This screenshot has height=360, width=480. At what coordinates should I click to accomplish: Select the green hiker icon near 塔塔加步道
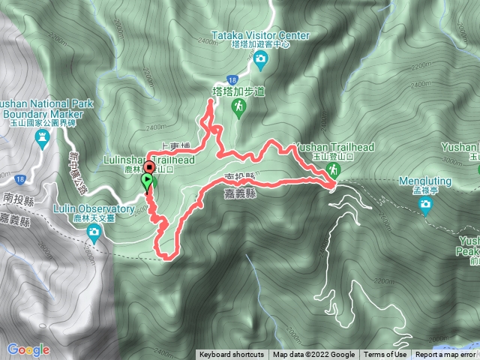(238, 109)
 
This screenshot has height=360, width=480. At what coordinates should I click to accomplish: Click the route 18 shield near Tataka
(233, 78)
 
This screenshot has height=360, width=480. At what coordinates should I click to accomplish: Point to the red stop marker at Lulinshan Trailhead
(148, 168)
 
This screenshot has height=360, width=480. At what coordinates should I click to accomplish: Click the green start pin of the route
(146, 181)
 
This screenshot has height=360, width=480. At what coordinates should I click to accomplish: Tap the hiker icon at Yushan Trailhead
(331, 172)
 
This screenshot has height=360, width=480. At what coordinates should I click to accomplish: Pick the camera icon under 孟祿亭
(426, 204)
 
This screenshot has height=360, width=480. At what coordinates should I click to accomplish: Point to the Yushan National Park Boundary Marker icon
(43, 137)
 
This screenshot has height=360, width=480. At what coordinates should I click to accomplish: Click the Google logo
(28, 349)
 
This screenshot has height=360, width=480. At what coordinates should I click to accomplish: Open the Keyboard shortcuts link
(232, 355)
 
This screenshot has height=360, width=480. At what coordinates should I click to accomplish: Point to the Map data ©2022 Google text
(313, 355)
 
